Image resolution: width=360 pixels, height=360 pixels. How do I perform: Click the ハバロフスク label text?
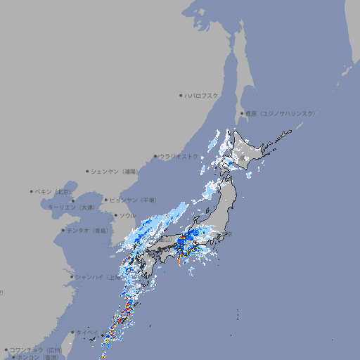(x=202, y=96)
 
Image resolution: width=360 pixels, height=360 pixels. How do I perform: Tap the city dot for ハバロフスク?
(x=181, y=95)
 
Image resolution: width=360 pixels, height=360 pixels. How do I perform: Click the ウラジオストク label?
(x=179, y=156)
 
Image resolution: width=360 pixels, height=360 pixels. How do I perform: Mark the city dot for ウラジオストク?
(x=155, y=156)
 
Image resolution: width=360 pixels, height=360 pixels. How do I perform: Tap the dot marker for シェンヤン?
(x=88, y=171)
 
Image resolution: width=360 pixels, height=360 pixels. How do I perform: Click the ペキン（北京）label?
(x=53, y=191)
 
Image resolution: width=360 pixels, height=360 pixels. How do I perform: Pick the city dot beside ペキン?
(x=32, y=191)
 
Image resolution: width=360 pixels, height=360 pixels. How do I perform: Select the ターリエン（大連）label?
(x=70, y=207)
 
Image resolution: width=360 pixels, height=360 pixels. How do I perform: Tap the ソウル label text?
(x=128, y=215)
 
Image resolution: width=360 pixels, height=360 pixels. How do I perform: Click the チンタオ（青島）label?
(x=87, y=230)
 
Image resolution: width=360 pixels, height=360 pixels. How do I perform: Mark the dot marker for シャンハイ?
(x=72, y=277)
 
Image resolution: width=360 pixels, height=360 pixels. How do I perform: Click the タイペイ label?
(x=87, y=333)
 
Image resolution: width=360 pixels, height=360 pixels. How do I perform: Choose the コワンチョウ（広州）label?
(x=36, y=349)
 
